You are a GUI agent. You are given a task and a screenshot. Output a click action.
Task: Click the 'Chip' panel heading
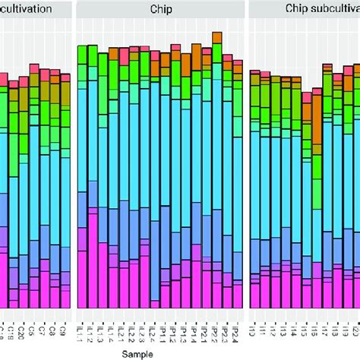(x=161, y=10)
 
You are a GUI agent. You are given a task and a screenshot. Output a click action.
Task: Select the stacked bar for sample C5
(x=34, y=190)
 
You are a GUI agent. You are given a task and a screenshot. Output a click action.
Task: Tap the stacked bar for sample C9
(x=65, y=190)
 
